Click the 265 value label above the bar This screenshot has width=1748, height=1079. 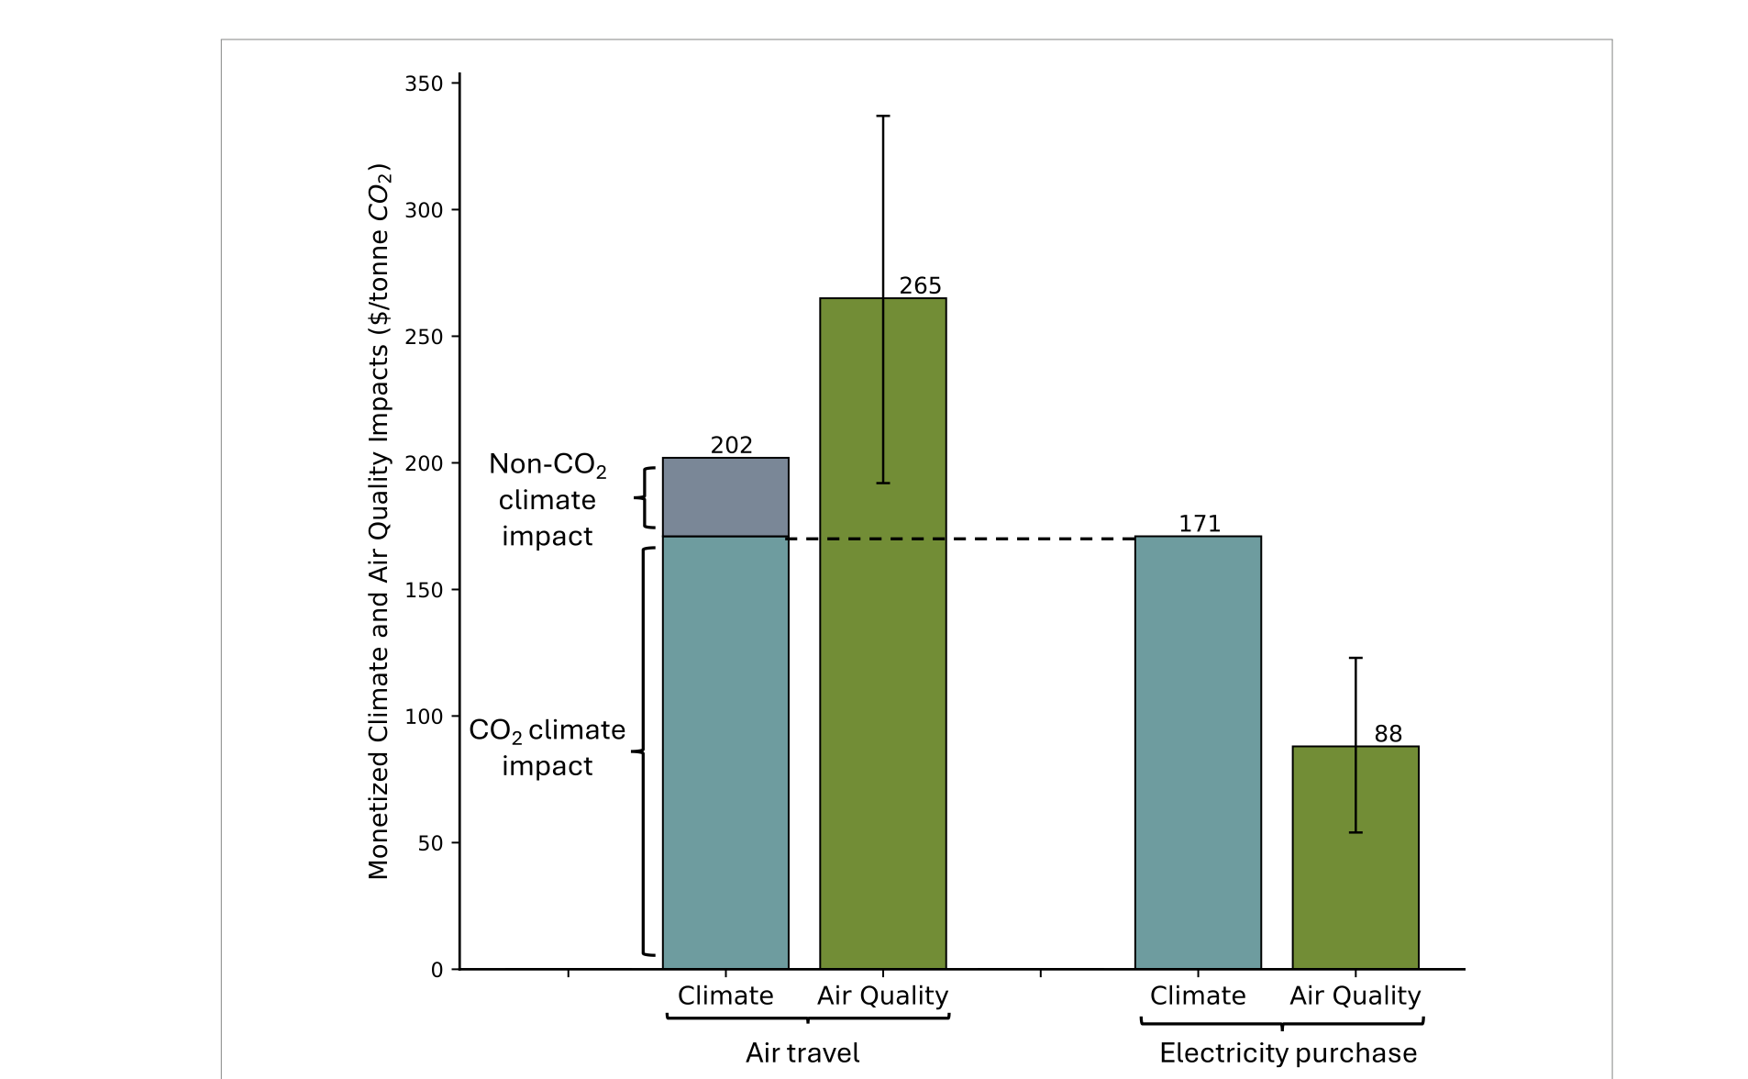coord(920,285)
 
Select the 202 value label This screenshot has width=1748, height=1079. coord(731,445)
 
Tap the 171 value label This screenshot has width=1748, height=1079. coord(1199,524)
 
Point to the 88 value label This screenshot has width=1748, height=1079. coord(1388,734)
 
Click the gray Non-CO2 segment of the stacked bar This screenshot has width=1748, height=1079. coord(725,497)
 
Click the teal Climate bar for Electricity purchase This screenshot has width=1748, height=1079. coord(1198,752)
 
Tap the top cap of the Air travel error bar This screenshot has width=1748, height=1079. coord(883,117)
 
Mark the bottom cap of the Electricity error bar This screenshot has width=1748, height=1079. coord(1355,832)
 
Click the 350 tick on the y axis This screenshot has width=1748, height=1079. coord(424,83)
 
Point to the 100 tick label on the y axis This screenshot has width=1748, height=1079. coord(424,717)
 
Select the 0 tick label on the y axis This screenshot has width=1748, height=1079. coord(437,970)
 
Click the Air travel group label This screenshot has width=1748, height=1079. coord(802,1052)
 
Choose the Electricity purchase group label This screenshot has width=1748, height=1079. coord(1288,1052)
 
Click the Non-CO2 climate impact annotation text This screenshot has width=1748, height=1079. coord(548,500)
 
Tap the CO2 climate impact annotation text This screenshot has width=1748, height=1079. coord(548,747)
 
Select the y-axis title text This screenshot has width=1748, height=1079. coord(379,521)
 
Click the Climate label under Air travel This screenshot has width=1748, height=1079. coord(725,996)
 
